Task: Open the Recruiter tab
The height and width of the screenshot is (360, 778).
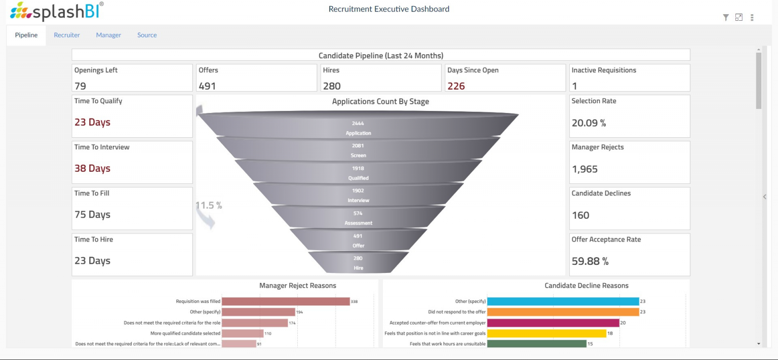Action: tap(67, 35)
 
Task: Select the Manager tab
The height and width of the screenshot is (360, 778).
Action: tap(108, 35)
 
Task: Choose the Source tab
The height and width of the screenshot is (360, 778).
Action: tap(147, 35)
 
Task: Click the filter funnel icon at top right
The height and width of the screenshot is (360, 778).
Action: tap(726, 18)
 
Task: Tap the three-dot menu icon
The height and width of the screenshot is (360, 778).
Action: tap(752, 18)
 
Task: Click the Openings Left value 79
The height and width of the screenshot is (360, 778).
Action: tap(80, 86)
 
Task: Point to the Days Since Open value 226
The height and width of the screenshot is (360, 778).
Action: tap(456, 86)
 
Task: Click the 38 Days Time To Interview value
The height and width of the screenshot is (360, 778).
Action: tap(92, 169)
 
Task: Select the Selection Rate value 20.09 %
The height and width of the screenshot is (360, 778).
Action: tap(589, 123)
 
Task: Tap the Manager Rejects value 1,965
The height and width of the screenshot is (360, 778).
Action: tap(585, 169)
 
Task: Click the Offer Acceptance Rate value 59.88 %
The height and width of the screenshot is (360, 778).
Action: tap(590, 261)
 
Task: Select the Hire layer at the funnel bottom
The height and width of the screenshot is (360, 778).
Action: tap(358, 263)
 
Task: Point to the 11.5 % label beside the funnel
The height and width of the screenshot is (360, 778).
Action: tap(209, 205)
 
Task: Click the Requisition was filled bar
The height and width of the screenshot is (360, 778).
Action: tap(286, 301)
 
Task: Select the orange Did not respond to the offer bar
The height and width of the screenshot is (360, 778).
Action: tap(563, 312)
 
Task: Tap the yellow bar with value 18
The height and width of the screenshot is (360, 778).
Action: tap(547, 333)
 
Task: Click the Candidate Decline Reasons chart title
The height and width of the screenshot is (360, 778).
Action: tap(586, 286)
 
